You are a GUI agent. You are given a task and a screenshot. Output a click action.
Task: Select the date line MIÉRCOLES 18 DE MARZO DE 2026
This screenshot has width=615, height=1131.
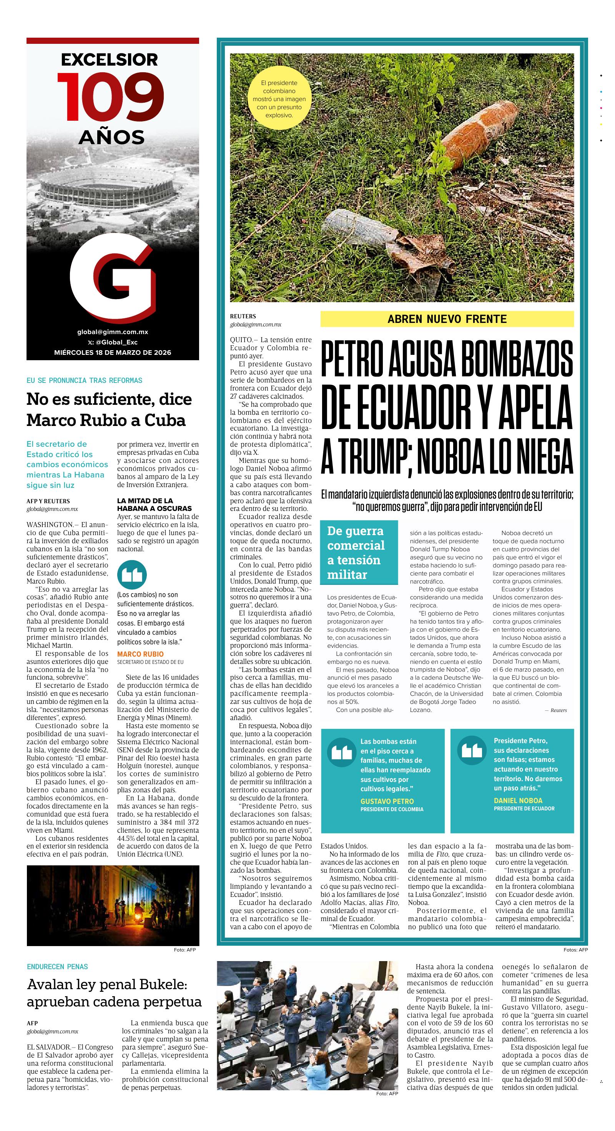click(113, 353)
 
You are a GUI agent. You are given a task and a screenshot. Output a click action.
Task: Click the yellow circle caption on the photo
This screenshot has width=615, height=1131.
click(279, 99)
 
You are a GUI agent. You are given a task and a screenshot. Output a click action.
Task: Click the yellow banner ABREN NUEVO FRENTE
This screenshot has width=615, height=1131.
click(447, 319)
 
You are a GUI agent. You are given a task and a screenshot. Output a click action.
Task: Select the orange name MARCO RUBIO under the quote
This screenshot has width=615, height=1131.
click(140, 654)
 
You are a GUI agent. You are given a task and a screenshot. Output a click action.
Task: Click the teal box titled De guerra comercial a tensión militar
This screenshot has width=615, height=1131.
click(359, 552)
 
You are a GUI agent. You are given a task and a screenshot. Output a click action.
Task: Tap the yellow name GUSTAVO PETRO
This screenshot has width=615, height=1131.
click(387, 801)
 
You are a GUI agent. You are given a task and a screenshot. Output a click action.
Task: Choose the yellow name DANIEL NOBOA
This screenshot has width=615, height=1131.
click(518, 800)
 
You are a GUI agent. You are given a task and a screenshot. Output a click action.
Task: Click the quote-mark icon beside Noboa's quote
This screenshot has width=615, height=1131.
click(472, 751)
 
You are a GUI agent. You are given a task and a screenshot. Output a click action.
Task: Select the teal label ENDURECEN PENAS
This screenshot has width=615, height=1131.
click(58, 967)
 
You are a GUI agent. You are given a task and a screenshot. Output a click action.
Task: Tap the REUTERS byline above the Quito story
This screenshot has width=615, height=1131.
click(243, 316)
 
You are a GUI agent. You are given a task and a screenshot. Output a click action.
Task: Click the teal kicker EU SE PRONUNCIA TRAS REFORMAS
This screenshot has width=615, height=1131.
click(84, 380)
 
